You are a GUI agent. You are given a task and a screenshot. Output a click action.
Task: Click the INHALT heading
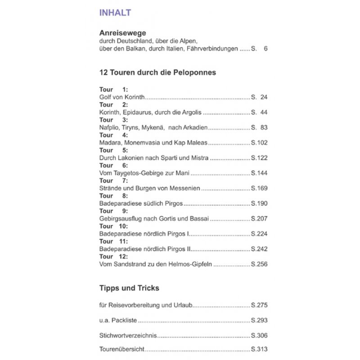click(x=115, y=13)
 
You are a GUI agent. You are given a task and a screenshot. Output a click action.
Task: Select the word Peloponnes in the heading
click(x=195, y=72)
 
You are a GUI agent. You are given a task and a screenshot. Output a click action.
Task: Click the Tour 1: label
click(x=113, y=90)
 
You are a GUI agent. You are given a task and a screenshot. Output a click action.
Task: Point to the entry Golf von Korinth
click(x=122, y=97)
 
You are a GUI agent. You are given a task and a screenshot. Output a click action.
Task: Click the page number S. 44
click(x=259, y=112)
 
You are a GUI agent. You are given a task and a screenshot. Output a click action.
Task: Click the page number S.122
click(x=259, y=158)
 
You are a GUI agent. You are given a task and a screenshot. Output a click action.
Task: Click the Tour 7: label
click(x=113, y=180)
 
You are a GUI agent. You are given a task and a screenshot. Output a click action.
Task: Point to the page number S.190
click(x=259, y=203)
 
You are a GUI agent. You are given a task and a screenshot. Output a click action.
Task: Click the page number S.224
click(x=259, y=234)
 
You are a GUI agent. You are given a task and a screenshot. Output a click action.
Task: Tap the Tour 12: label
click(x=113, y=256)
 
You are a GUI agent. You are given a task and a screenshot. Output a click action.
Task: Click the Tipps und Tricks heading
click(x=129, y=288)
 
